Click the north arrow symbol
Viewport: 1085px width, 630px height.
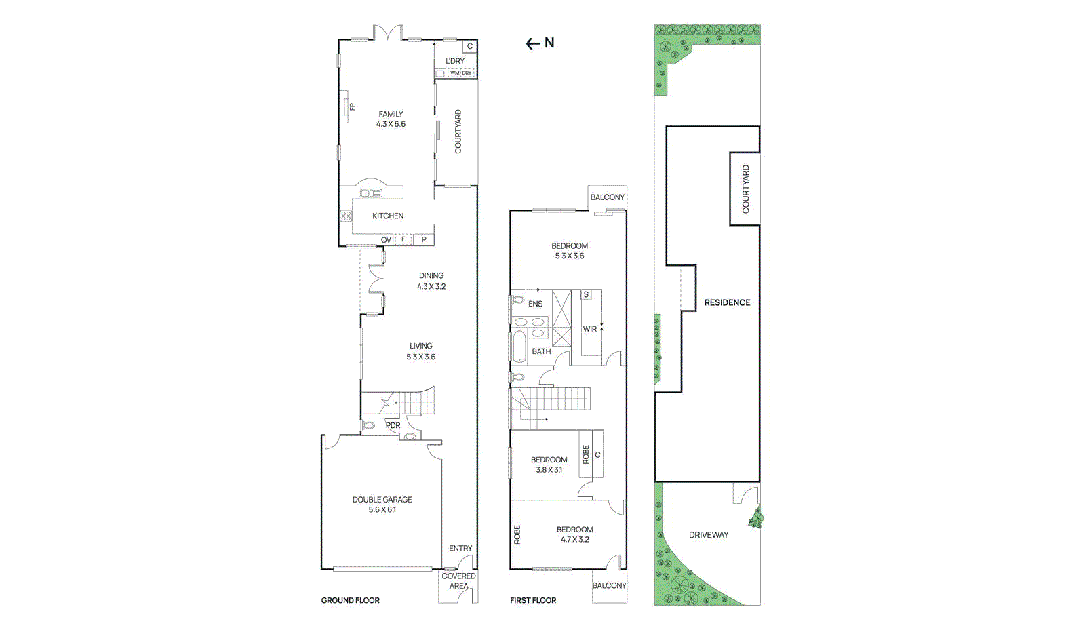tap(540, 43)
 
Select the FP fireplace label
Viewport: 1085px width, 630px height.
tap(352, 106)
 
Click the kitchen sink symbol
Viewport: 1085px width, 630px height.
tap(371, 193)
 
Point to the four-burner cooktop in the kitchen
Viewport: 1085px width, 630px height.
tap(346, 216)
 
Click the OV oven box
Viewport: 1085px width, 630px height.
tap(386, 240)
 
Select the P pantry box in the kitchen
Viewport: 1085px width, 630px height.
tap(424, 239)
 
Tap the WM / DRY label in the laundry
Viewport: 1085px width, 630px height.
tap(460, 73)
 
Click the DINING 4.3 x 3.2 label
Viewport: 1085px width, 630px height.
tap(431, 281)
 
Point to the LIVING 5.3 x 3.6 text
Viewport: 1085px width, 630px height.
tap(420, 351)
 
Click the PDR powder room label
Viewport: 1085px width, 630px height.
tap(393, 425)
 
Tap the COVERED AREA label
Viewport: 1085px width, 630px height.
tap(458, 580)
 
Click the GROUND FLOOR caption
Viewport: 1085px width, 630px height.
tap(350, 600)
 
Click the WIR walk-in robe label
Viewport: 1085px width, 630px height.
tap(590, 329)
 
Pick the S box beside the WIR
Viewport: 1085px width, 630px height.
tap(586, 294)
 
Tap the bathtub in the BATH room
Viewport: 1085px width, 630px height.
tap(519, 347)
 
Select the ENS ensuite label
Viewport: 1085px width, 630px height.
tap(535, 304)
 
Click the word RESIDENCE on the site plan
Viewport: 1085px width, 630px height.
tap(727, 302)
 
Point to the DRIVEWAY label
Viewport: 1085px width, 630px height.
tap(709, 535)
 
